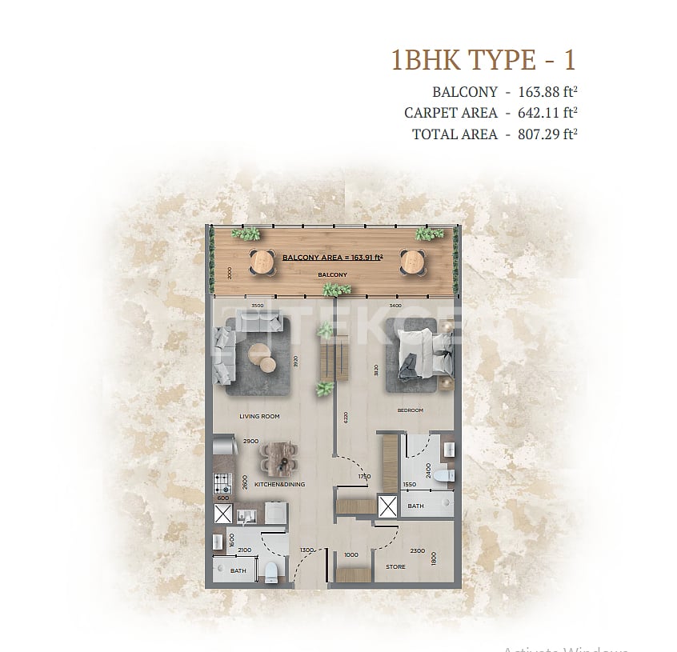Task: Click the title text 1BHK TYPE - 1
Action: point(483,60)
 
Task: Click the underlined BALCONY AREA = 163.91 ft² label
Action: point(333,258)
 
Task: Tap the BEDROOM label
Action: point(410,410)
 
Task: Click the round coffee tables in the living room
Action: point(263,357)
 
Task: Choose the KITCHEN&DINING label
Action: point(279,484)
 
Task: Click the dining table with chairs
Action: point(280,459)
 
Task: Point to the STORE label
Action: point(395,567)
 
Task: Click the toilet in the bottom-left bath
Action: point(271,570)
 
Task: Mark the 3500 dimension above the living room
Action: point(257,306)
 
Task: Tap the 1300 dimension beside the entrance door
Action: point(306,550)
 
